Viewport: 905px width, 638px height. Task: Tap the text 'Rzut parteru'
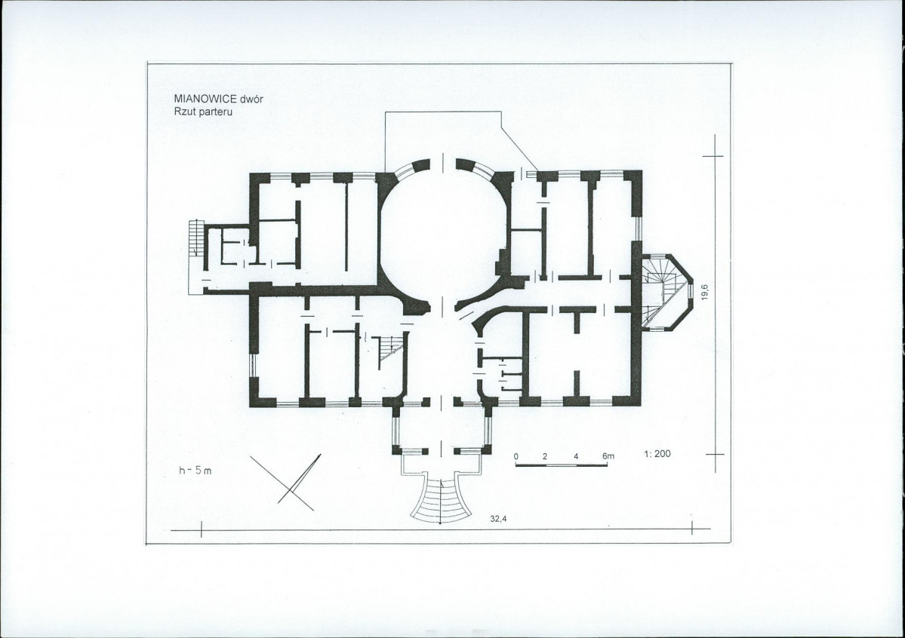click(203, 112)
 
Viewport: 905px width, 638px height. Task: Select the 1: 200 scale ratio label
click(657, 453)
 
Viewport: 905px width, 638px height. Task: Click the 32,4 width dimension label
click(498, 519)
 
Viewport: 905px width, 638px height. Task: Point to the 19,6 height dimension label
click(704, 291)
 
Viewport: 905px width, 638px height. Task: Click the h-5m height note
click(195, 470)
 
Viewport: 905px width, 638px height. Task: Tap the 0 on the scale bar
click(516, 456)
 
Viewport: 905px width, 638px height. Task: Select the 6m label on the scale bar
click(608, 456)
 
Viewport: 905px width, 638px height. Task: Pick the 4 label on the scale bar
click(576, 456)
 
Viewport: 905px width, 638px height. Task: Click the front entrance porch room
click(441, 428)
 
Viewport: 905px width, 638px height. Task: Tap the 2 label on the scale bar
click(545, 456)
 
